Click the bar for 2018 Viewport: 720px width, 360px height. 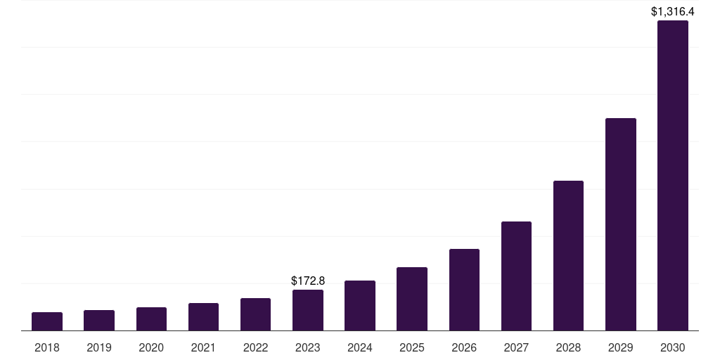click(x=47, y=321)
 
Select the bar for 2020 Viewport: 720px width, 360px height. click(x=151, y=319)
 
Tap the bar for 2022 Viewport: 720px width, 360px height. click(x=255, y=314)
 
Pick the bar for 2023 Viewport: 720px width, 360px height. click(x=308, y=310)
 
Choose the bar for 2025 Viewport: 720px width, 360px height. click(x=412, y=299)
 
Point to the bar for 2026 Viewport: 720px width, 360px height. click(x=464, y=290)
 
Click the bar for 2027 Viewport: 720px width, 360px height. click(x=516, y=276)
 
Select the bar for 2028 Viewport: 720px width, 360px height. click(x=568, y=256)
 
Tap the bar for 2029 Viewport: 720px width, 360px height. click(x=621, y=224)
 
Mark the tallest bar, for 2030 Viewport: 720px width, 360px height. click(x=673, y=176)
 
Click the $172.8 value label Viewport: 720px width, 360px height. click(x=308, y=281)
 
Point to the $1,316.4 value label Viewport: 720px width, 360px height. click(x=673, y=11)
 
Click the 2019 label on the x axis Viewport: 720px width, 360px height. click(x=99, y=347)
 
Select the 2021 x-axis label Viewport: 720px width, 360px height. click(x=203, y=347)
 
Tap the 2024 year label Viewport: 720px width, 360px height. click(x=360, y=347)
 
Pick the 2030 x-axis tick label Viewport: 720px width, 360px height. click(x=673, y=347)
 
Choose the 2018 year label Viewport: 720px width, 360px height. click(x=47, y=347)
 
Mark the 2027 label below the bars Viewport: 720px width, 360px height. click(x=516, y=347)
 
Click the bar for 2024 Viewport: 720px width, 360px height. click(x=360, y=306)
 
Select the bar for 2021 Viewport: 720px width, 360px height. click(x=203, y=317)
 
